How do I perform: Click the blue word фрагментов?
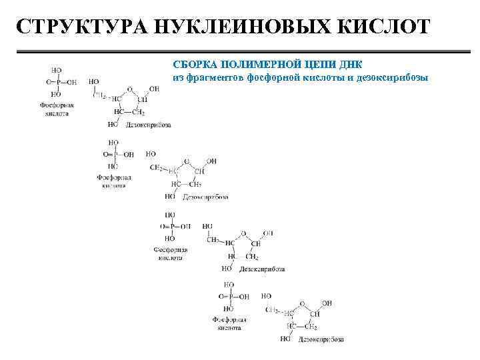tap(213, 77)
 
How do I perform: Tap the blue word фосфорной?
tap(271, 77)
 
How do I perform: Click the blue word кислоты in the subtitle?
tap(319, 77)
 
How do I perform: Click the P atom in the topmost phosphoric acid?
tap(57, 82)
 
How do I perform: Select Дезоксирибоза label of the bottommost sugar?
tap(321, 339)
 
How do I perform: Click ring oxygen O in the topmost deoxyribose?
tap(129, 87)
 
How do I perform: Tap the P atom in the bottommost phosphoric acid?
tap(228, 297)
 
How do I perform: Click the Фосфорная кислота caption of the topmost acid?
tap(58, 109)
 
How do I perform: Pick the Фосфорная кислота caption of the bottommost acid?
tap(229, 324)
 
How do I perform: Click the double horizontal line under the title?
tap(240, 53)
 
